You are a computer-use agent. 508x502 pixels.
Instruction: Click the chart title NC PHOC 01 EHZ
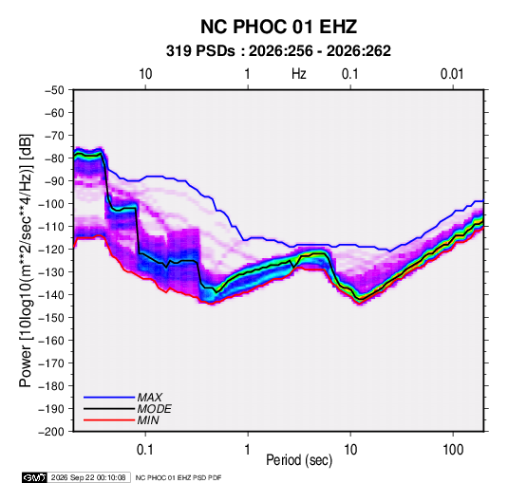click(278, 27)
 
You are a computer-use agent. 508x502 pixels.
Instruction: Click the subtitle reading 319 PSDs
click(200, 51)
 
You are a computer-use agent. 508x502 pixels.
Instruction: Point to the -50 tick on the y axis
click(54, 90)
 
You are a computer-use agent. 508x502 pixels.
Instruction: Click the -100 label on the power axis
click(52, 204)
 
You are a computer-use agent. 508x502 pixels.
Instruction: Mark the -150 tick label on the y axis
click(52, 318)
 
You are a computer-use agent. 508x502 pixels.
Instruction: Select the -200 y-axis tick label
click(52, 432)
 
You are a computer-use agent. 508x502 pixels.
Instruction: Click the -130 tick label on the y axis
click(52, 272)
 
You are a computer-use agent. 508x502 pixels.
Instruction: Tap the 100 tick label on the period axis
click(453, 450)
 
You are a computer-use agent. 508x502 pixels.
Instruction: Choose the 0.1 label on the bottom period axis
click(145, 450)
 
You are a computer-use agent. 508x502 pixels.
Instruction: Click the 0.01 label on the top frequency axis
click(452, 74)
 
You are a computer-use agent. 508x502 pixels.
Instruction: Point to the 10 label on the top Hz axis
click(145, 74)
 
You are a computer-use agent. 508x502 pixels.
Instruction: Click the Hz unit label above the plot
click(299, 74)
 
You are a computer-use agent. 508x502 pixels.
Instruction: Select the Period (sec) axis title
click(299, 460)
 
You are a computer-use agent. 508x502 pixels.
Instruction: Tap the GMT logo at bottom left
click(35, 477)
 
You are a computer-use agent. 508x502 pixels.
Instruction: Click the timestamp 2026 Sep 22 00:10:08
click(88, 477)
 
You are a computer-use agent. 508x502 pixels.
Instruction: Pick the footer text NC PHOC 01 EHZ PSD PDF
click(179, 477)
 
